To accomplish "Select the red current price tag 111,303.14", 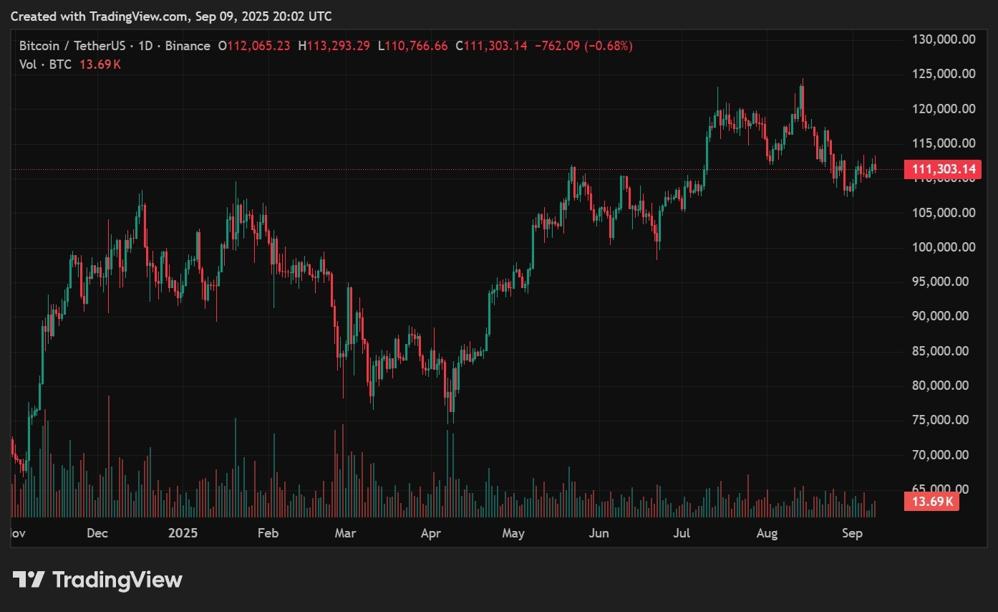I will pos(942,170).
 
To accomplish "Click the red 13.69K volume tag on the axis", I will pos(931,502).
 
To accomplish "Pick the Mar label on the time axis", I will pos(346,533).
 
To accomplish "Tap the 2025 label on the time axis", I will pos(183,533).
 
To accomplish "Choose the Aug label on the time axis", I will pos(767,533).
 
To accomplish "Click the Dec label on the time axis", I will pos(97,533).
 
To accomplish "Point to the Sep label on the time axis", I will pos(852,533).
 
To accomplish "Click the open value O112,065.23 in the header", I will pos(254,46).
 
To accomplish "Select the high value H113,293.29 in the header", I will pos(334,46).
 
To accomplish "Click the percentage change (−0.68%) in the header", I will pos(609,46).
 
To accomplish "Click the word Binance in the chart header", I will pos(188,46).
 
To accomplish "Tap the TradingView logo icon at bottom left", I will pos(29,579).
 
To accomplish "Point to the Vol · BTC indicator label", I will pos(46,64).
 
